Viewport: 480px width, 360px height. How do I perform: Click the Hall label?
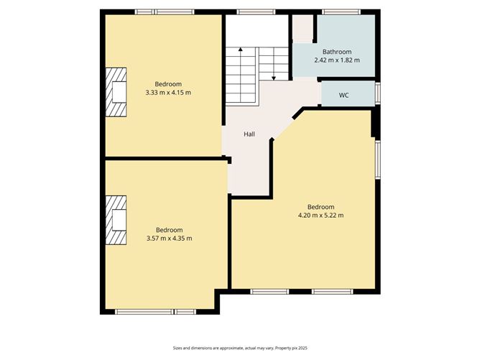249,134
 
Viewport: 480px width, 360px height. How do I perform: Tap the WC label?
343,95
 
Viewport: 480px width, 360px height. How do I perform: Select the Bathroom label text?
337,52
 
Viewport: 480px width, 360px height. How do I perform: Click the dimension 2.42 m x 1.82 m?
337,60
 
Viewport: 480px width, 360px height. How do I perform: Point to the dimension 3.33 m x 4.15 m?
168,92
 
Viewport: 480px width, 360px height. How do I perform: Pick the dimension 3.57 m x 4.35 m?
170,238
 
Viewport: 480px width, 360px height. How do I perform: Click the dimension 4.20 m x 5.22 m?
320,215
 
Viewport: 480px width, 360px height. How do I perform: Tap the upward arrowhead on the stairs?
241,49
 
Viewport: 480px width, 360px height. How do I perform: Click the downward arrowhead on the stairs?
274,78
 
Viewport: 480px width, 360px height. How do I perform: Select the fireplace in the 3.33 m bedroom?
116,92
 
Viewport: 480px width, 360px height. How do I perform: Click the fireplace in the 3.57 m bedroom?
116,220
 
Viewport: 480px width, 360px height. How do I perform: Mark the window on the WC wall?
378,93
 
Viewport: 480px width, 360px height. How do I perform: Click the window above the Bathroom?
341,12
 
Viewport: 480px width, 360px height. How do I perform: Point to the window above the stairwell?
256,12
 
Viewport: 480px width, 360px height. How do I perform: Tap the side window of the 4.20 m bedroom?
378,159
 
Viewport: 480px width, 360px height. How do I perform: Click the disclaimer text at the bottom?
240,348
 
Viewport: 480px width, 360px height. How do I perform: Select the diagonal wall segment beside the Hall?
298,114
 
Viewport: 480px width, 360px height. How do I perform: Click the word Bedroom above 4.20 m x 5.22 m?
320,207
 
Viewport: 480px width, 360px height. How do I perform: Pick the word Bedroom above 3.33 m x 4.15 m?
168,84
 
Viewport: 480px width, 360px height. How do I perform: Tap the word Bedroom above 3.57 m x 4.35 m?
170,230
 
